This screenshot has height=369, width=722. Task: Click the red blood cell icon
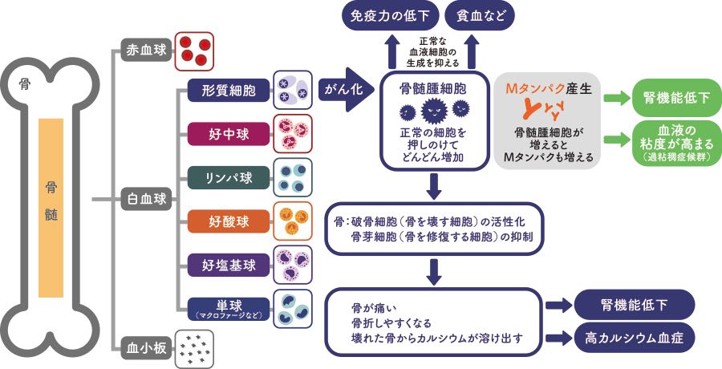coord(193,50)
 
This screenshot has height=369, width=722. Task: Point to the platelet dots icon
coord(193,347)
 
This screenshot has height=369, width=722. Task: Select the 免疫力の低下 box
coord(384,16)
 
